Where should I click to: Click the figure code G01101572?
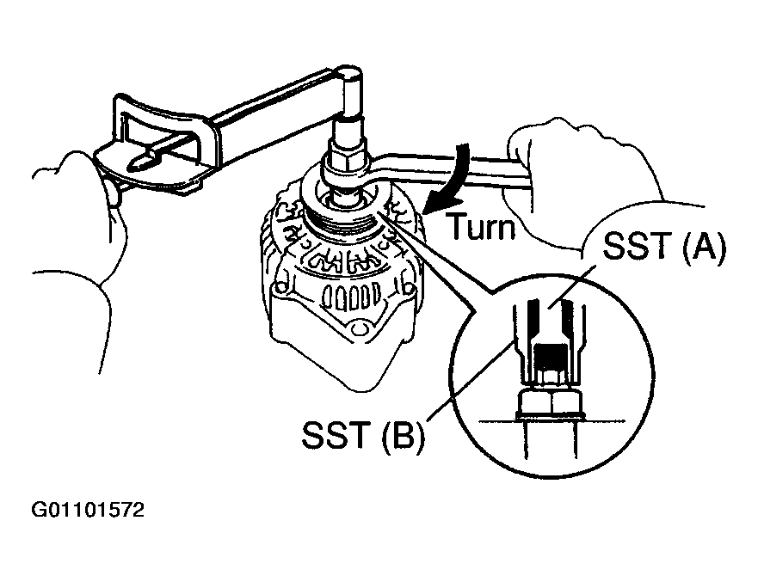(x=89, y=511)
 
